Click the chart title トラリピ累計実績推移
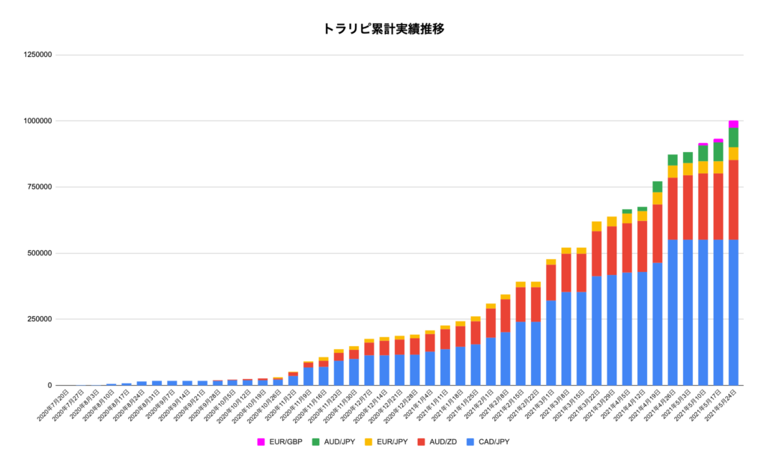[x=383, y=29]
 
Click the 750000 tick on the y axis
[x=38, y=187]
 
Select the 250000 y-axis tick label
[x=38, y=319]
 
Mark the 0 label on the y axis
[x=49, y=385]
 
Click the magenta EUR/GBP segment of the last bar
[x=733, y=124]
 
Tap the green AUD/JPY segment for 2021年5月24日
[x=733, y=137]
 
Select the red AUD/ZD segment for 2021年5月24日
[x=733, y=199]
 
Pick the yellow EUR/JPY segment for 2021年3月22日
[x=596, y=226]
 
